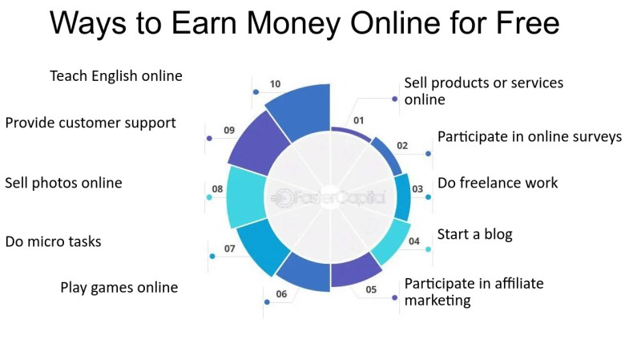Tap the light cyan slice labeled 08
coord(246,196)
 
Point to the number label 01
coord(358,120)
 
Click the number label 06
coord(281,293)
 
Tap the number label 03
coord(417,189)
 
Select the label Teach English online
coord(116,76)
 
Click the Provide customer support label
coord(91,123)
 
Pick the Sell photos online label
coord(63,183)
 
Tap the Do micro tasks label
coord(53,241)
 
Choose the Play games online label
coord(119,288)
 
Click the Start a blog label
coord(474,234)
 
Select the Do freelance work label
coord(498,183)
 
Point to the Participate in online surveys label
coord(530,136)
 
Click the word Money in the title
coord(293,22)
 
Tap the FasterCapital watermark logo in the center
coord(328,197)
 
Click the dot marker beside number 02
coord(428,154)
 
